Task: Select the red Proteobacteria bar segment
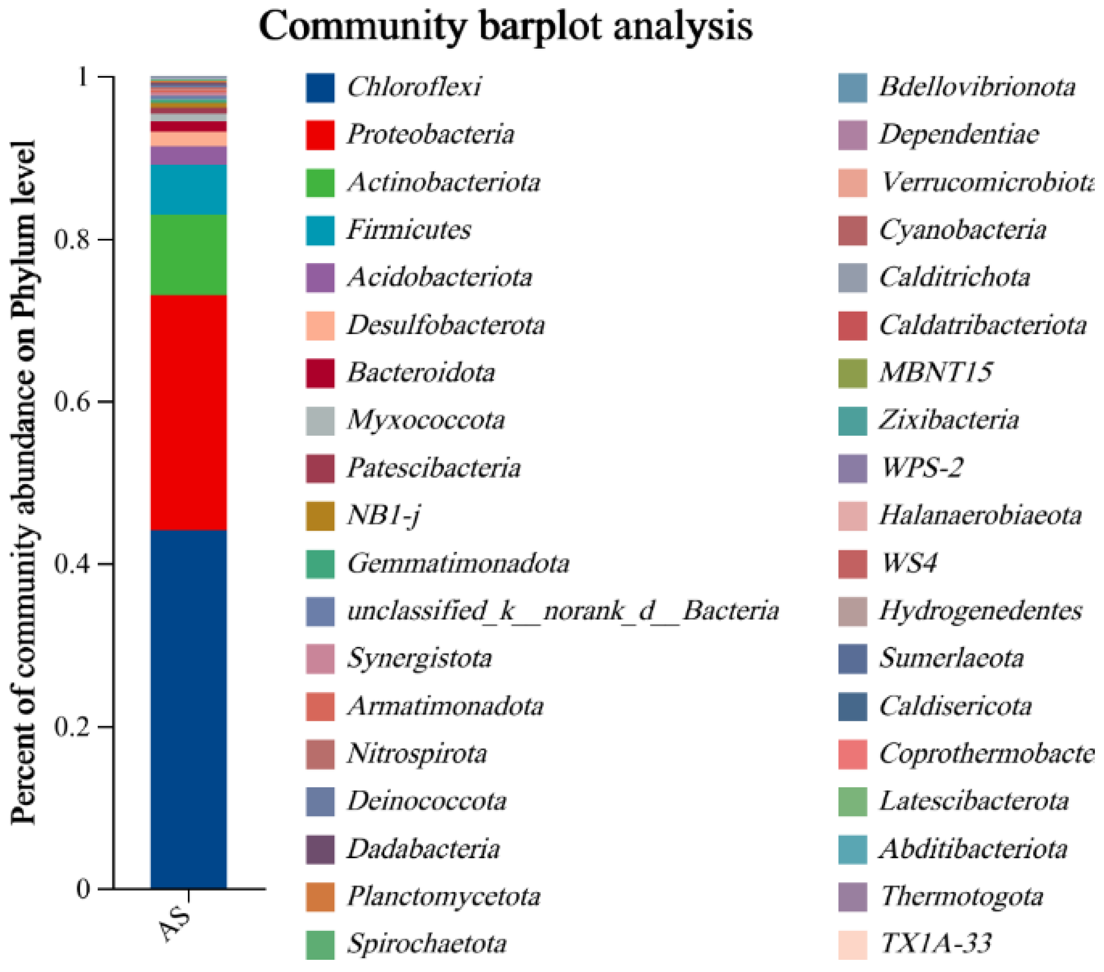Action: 188,412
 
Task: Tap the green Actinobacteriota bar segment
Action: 188,255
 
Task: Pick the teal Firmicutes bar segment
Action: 188,189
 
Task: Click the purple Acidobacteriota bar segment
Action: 188,156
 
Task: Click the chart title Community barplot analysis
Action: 505,26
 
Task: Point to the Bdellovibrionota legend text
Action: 977,87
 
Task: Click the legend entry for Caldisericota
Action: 955,706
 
